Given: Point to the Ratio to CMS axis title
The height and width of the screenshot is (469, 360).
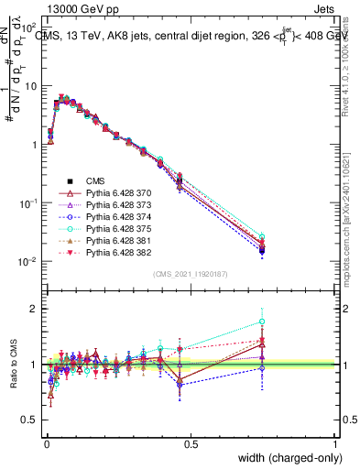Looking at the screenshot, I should click(x=12, y=364).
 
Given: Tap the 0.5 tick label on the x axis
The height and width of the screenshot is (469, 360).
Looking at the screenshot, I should click(x=191, y=443).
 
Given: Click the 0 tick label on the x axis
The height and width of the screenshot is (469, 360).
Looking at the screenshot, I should click(x=46, y=443).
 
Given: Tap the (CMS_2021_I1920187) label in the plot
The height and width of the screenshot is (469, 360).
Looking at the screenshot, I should click(x=191, y=272).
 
